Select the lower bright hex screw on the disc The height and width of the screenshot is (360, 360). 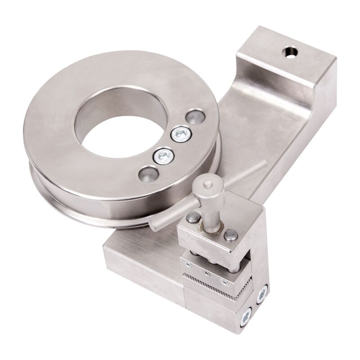(163, 156)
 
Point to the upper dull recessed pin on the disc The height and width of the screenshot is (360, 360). (197, 117)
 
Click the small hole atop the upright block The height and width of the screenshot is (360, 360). (290, 53)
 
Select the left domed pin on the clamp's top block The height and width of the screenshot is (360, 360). (193, 218)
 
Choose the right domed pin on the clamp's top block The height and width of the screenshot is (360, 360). (231, 234)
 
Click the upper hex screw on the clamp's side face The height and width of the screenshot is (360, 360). (262, 295)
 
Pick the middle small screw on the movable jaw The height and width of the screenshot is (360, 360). (207, 273)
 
